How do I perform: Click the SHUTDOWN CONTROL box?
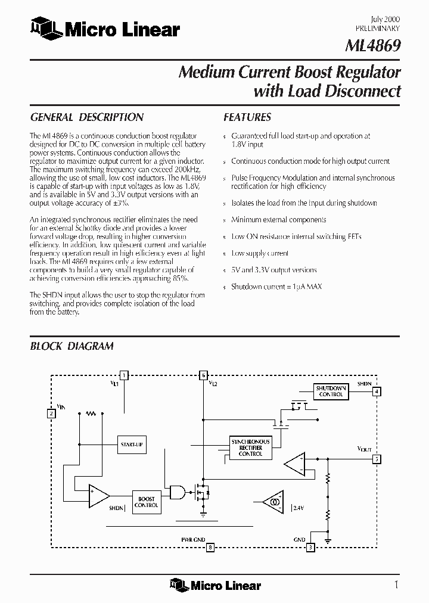click(331, 391)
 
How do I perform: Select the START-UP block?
click(132, 445)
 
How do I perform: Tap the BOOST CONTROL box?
click(146, 502)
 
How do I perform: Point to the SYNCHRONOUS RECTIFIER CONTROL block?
click(250, 447)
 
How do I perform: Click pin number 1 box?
click(124, 375)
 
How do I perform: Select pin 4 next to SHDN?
click(377, 391)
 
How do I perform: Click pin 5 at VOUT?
click(377, 459)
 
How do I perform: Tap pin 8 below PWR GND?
click(210, 548)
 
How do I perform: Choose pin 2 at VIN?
click(52, 413)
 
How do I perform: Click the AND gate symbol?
click(177, 492)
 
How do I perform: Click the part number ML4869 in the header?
click(373, 46)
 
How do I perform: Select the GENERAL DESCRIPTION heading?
click(86, 117)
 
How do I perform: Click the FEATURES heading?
click(247, 117)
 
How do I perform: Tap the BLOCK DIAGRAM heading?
click(71, 346)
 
